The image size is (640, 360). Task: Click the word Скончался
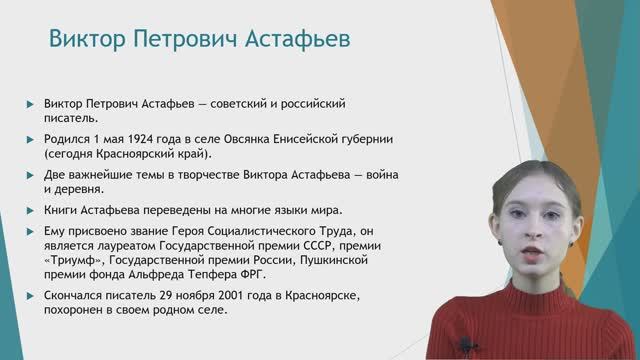click(75, 296)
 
